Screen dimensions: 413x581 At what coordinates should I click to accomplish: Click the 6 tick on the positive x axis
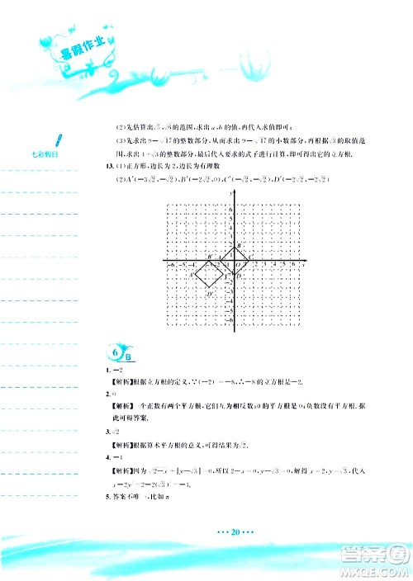292,266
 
